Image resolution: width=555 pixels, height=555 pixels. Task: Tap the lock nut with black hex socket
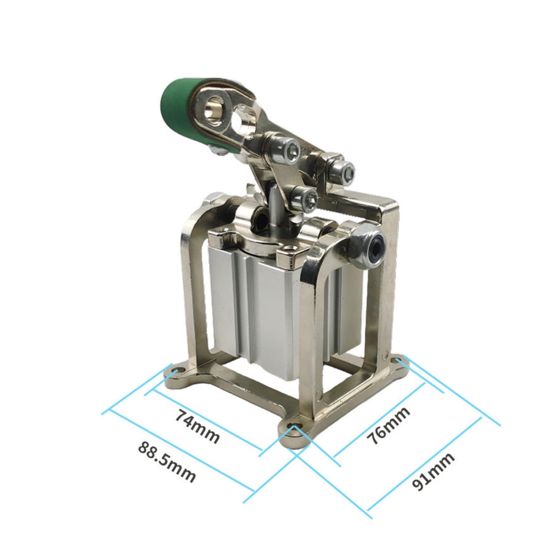(x=368, y=246)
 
